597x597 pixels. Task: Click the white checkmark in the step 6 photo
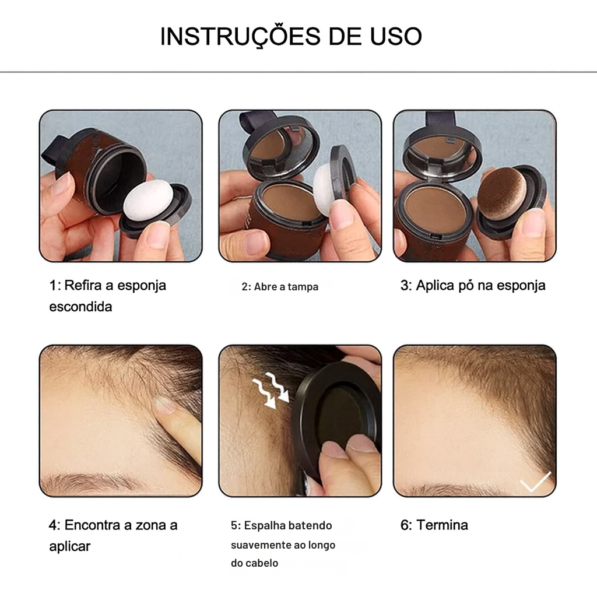tap(535, 482)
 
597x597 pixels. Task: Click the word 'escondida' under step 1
tap(80, 307)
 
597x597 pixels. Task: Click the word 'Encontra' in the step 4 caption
tap(97, 525)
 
